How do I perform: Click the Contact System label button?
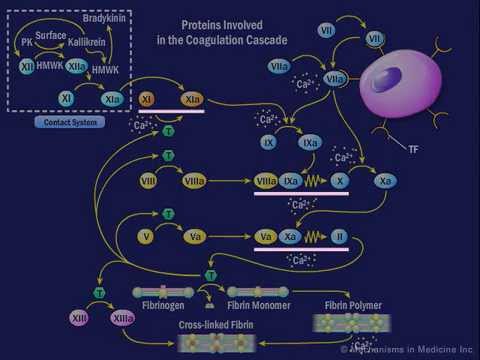point(70,122)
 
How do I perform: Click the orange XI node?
point(147,100)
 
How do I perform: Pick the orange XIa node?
point(192,100)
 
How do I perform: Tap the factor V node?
point(148,237)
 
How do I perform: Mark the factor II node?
point(338,237)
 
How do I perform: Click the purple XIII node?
point(79,317)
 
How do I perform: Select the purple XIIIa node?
point(124,317)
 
